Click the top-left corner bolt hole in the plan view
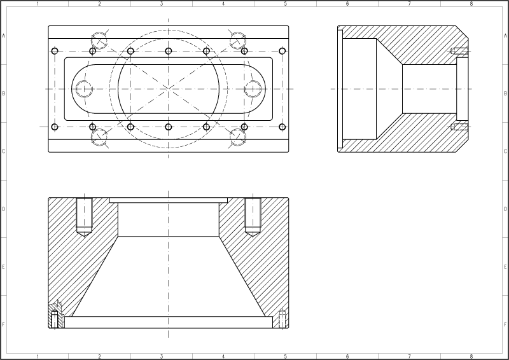point(55,51)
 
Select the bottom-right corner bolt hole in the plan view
point(282,127)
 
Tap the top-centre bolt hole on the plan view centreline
point(168,51)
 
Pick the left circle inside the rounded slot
point(84,88)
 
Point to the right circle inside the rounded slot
point(253,88)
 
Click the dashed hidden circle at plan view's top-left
point(99,41)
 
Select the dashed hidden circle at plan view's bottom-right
point(237,137)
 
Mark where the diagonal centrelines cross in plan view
point(168,88)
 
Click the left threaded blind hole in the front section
point(85,216)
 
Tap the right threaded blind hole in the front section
point(253,216)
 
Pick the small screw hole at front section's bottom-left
point(55,319)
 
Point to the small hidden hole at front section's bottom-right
point(282,319)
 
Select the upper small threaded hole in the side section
point(459,51)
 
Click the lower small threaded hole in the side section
point(459,127)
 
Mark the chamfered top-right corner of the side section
point(462,32)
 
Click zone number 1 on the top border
point(38,4)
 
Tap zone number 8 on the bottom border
point(471,356)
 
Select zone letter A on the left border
point(4,36)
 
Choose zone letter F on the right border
point(505,324)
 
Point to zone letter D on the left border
point(4,209)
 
